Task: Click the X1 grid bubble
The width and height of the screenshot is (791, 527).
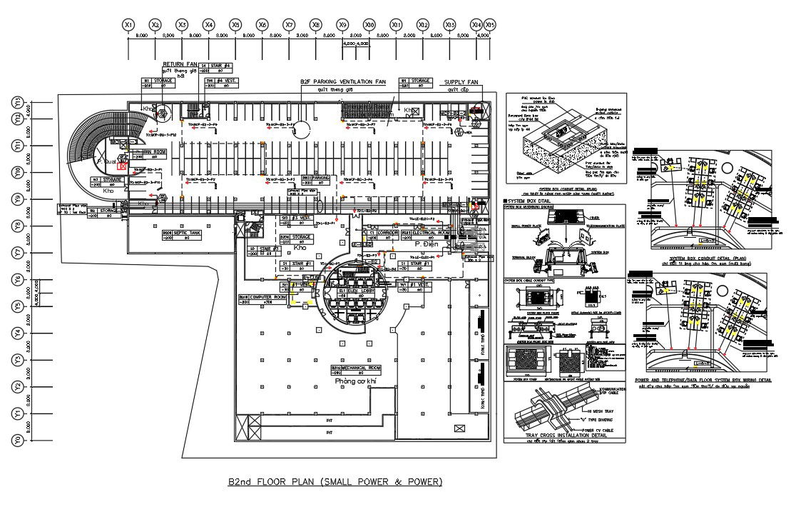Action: pos(128,24)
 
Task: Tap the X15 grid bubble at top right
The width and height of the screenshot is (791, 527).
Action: pos(490,24)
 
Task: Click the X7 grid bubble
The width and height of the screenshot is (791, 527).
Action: pos(289,24)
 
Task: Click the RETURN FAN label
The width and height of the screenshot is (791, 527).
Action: pos(180,64)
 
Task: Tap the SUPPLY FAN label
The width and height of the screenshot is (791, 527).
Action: pos(461,82)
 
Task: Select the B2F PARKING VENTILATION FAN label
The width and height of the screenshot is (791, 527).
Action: pos(342,82)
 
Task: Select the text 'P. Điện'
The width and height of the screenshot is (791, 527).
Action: pos(427,244)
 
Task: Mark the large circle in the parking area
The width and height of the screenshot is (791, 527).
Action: pos(301,129)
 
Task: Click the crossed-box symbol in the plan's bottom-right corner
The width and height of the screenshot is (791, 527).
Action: pos(458,428)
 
